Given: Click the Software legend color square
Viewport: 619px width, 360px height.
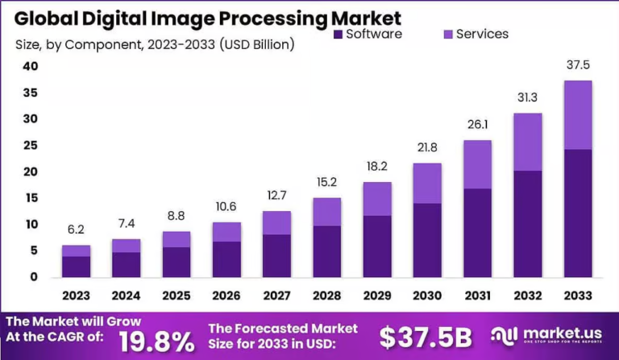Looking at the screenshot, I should click(338, 34).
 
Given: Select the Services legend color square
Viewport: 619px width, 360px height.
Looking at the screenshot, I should click(448, 34).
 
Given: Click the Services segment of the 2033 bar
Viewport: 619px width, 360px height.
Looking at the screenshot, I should click(578, 115).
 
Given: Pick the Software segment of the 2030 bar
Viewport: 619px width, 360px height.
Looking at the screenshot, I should click(427, 240).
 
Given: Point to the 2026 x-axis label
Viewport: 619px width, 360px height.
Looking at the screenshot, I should click(226, 296).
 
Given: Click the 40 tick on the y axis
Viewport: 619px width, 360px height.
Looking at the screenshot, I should click(30, 67).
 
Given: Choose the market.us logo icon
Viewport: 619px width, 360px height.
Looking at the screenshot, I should click(504, 336).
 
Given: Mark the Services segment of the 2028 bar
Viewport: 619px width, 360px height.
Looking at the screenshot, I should click(327, 212).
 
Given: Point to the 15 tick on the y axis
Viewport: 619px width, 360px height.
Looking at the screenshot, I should click(30, 198).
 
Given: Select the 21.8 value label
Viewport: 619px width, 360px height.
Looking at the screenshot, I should click(427, 149).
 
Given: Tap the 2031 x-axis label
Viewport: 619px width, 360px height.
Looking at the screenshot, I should click(477, 296).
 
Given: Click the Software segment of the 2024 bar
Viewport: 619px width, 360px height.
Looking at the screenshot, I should click(126, 264).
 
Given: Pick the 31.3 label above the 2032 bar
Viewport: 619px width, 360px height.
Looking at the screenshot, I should click(528, 99).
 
